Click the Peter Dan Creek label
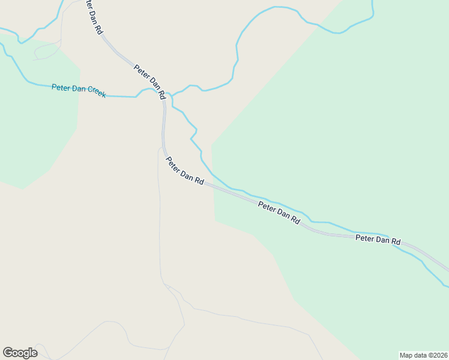pyautogui.click(x=79, y=90)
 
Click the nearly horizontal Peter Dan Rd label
pyautogui.click(x=378, y=239)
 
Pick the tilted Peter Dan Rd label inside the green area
pyautogui.click(x=279, y=212)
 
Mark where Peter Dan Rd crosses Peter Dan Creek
pyautogui.click(x=163, y=97)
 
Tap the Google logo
pyautogui.click(x=20, y=353)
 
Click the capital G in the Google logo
pyautogui.click(x=7, y=353)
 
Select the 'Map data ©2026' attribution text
pyautogui.click(x=423, y=355)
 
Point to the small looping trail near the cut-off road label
pyautogui.click(x=47, y=52)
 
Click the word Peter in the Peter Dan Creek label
pyautogui.click(x=61, y=88)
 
